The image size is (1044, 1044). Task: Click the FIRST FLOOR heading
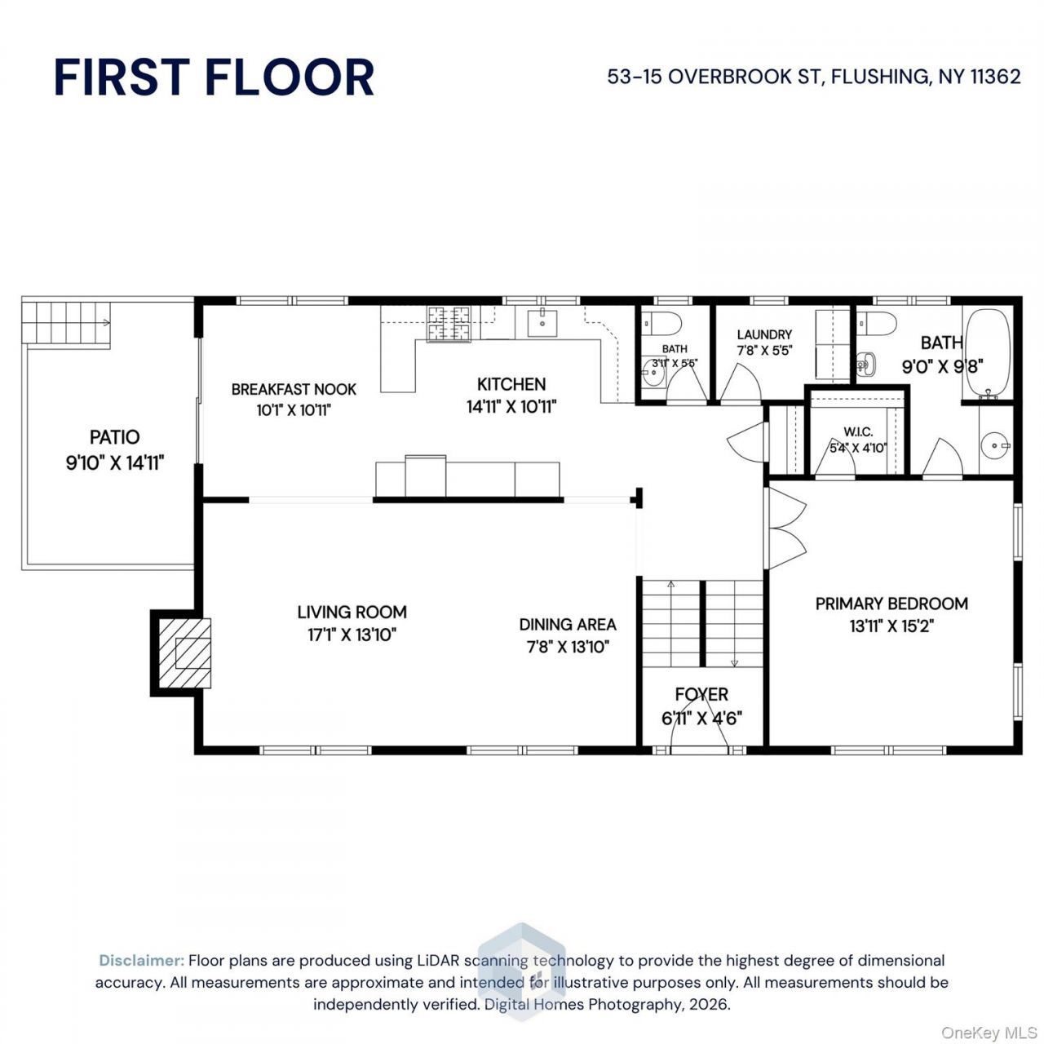[x=214, y=77]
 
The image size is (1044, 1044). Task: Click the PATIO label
[x=115, y=437]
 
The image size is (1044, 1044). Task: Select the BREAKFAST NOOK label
[x=294, y=390]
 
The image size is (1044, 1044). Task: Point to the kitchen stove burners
[x=449, y=324]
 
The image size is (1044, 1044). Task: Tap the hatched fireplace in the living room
[x=185, y=652]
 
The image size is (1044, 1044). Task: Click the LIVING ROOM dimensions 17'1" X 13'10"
[x=352, y=635]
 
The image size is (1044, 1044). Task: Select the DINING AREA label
[x=568, y=625]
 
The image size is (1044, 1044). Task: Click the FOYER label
[x=701, y=695]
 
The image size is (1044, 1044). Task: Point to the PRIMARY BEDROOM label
[x=891, y=604]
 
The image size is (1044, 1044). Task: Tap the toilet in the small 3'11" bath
[x=664, y=324]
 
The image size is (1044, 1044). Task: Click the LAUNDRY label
[x=764, y=335]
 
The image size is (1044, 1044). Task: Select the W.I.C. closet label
[x=858, y=431]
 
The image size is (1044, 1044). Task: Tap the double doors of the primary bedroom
[x=785, y=529]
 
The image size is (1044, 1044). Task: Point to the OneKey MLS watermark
[x=989, y=1033]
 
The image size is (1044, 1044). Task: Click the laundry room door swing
[x=740, y=383]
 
